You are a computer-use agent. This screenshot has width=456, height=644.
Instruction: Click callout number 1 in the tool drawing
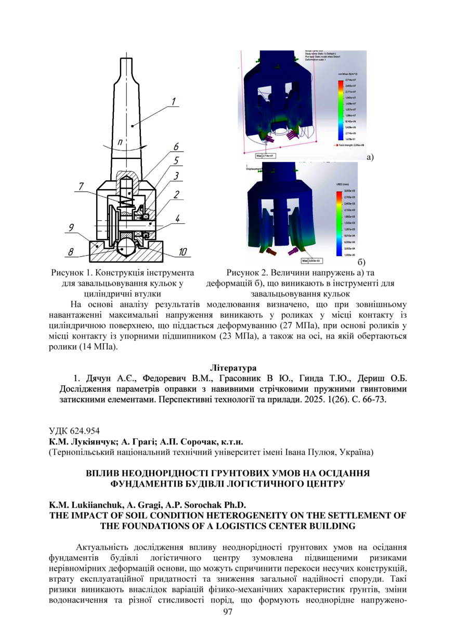pos(174,101)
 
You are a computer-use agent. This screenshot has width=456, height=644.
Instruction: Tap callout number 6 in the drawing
pos(176,147)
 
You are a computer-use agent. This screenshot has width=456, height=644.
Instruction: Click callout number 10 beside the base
pos(183,252)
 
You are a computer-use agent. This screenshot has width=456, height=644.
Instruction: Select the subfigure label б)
pos(362,263)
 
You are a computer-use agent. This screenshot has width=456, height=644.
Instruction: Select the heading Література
pos(228,368)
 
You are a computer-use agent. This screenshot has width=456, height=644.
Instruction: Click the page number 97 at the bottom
pos(228,612)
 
